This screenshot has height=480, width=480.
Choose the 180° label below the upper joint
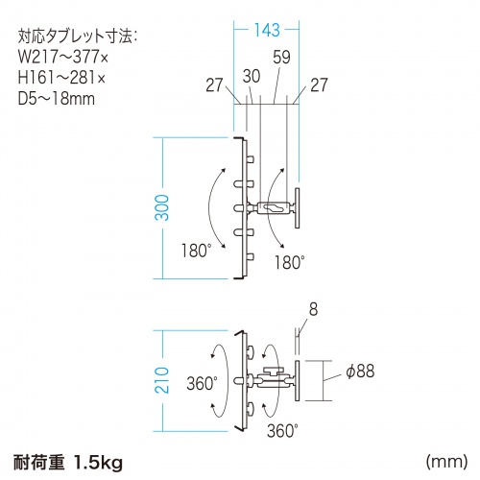[289, 260]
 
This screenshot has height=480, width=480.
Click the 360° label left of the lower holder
[203, 380]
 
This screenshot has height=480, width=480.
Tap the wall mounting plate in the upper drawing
[298, 207]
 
